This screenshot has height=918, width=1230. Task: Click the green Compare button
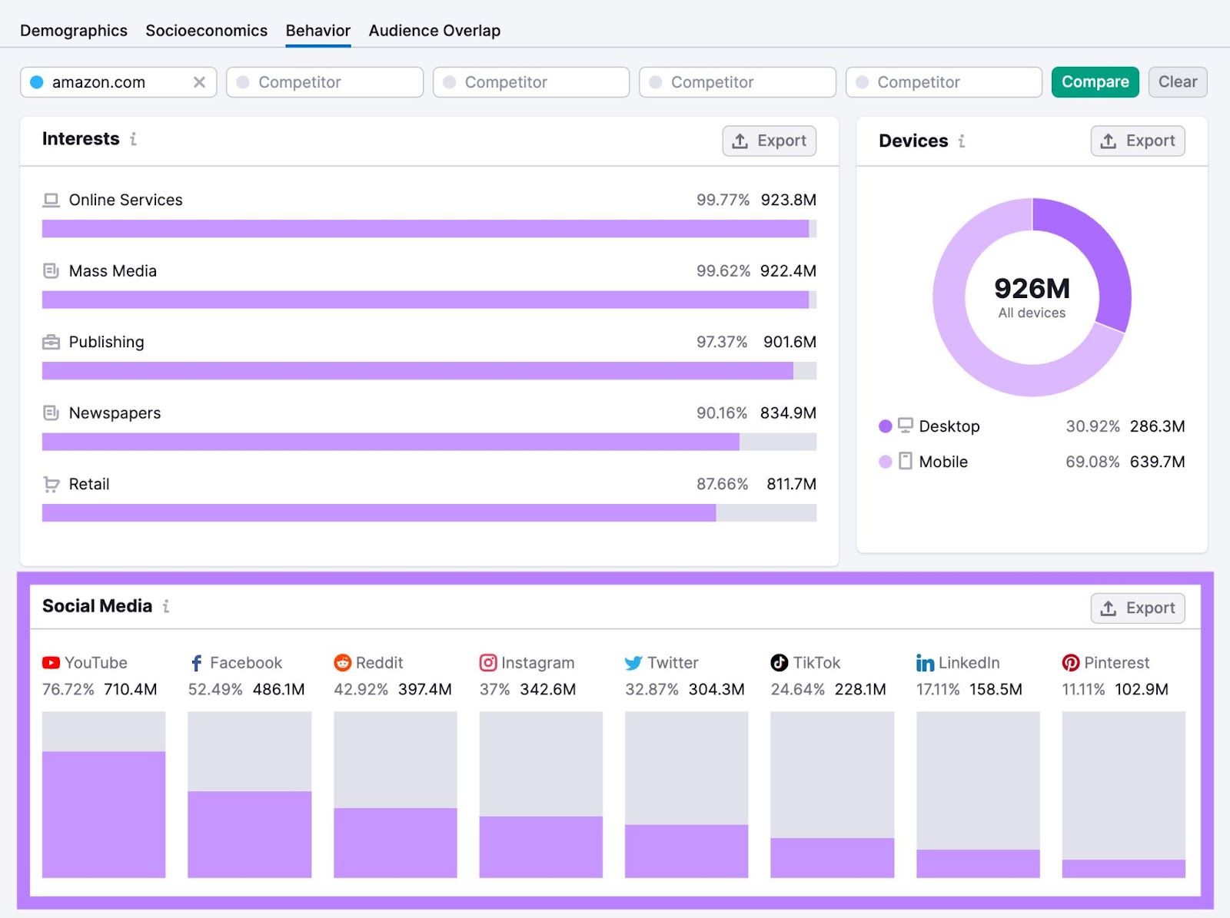[1095, 82]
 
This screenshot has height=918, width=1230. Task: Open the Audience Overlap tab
[434, 31]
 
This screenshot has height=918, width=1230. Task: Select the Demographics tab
[74, 31]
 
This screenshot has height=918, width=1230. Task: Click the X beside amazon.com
[199, 82]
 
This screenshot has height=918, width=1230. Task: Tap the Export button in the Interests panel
[769, 141]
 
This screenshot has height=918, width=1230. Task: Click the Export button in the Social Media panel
[1137, 608]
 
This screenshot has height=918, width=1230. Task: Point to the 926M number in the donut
[1032, 289]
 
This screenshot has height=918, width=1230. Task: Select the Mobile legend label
[942, 462]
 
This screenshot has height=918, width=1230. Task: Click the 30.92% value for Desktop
[1092, 426]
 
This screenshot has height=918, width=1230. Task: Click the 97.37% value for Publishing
[721, 342]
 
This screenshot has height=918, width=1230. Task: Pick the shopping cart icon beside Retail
[52, 484]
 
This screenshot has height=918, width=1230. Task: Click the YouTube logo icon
[51, 663]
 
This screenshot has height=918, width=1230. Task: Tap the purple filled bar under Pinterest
[1123, 868]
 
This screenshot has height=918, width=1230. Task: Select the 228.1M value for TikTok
[859, 689]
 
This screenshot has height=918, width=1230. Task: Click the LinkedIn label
[968, 663]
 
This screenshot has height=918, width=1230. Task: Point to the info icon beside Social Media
[166, 606]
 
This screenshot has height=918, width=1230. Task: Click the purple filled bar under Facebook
[249, 833]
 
